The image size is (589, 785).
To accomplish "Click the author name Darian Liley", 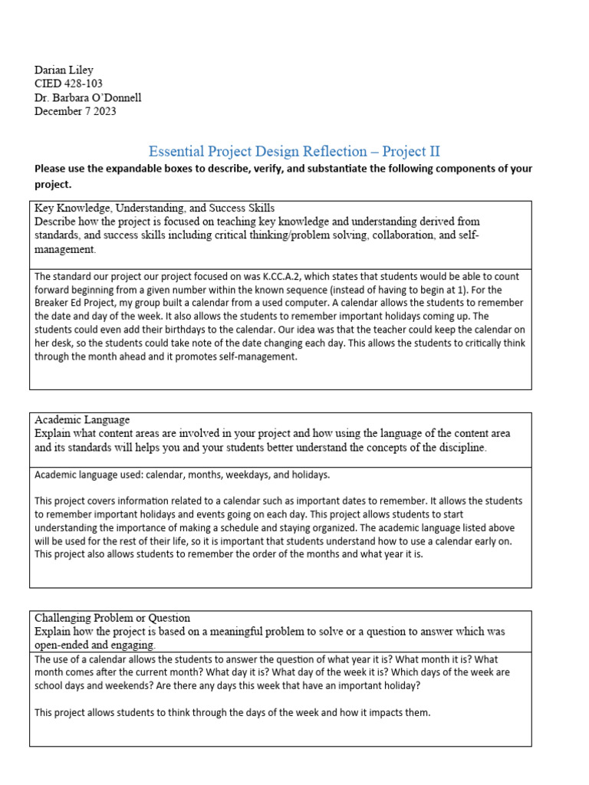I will point(64,70).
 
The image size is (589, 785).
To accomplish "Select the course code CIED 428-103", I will point(68,84).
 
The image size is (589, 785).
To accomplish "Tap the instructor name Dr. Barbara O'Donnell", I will point(88,97).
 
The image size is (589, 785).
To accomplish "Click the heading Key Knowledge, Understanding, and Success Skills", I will point(154,208).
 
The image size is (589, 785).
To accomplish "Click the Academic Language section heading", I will point(82,419).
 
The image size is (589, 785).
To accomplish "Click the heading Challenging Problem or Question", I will point(112,617).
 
